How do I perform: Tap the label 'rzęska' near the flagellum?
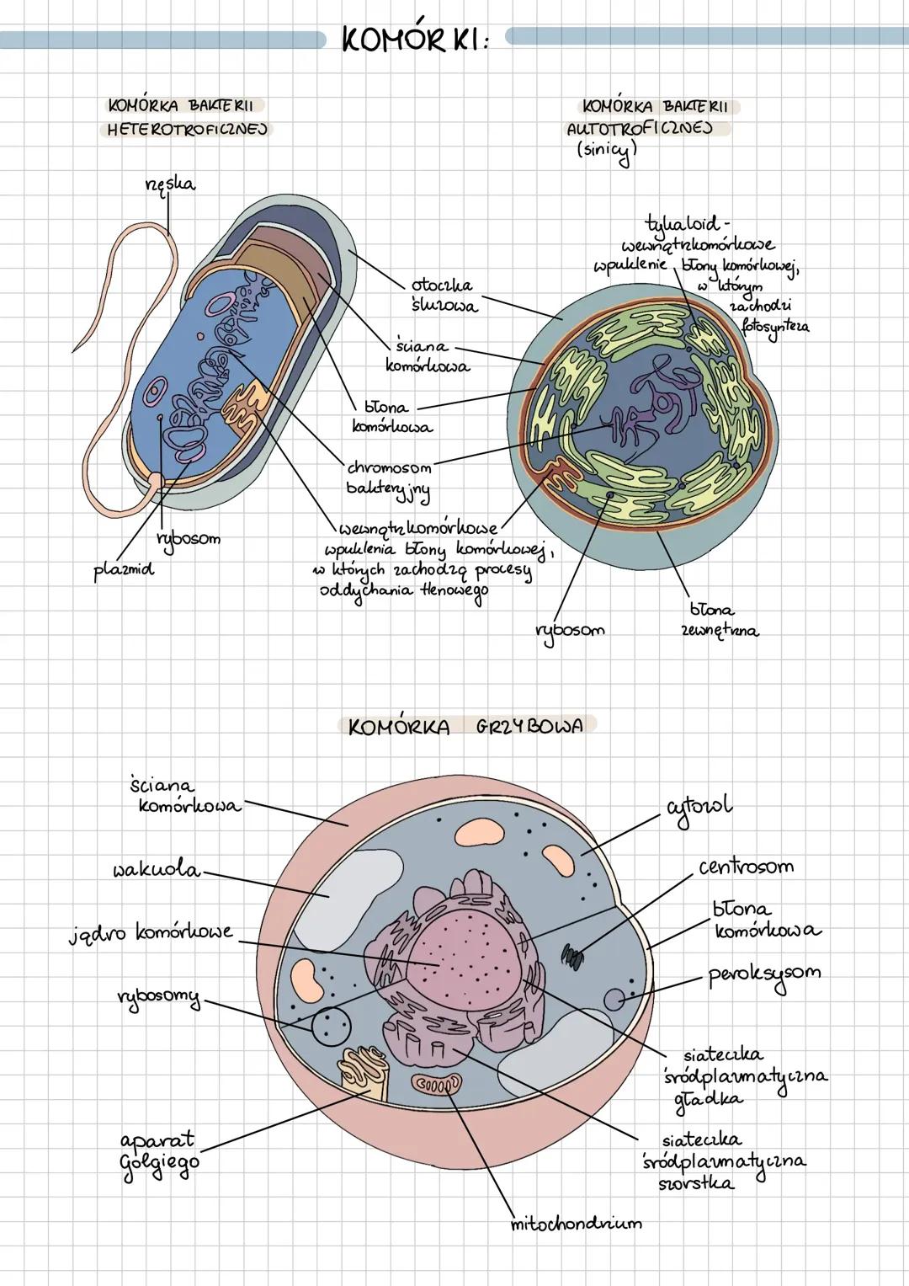(x=167, y=184)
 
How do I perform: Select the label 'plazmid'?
(x=124, y=570)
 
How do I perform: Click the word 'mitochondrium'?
(x=576, y=1223)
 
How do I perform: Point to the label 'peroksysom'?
(x=763, y=975)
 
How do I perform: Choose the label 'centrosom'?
(x=746, y=867)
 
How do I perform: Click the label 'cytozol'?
(x=699, y=806)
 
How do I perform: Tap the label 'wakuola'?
(x=157, y=869)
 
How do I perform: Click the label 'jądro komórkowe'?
(x=151, y=934)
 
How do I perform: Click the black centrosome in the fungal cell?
(x=573, y=955)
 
